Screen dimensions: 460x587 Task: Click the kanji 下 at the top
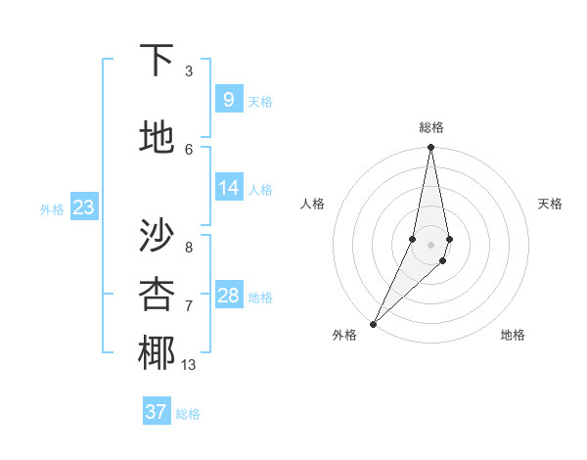click(157, 62)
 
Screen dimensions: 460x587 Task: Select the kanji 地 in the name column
click(157, 138)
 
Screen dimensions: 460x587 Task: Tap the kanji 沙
click(157, 234)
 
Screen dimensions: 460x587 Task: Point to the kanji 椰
click(157, 353)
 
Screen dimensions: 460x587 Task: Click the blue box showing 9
click(228, 100)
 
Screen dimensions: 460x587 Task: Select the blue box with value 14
click(228, 189)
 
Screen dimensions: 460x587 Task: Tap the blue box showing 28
click(228, 296)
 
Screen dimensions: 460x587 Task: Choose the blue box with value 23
click(83, 207)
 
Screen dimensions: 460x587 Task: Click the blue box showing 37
click(157, 412)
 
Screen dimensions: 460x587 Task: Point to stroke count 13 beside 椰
click(189, 365)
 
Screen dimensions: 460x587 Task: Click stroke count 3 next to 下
click(189, 71)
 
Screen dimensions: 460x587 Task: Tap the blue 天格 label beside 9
click(260, 102)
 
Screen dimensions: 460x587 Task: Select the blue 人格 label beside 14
click(260, 190)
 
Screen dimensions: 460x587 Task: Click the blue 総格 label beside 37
click(188, 414)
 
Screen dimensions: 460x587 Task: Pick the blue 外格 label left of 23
click(52, 209)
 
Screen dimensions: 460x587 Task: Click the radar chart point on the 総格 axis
click(430, 148)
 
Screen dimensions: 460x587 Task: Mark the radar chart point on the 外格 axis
click(373, 323)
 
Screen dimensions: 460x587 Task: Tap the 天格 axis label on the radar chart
click(550, 204)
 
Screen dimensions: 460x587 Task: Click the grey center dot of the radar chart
click(430, 245)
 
